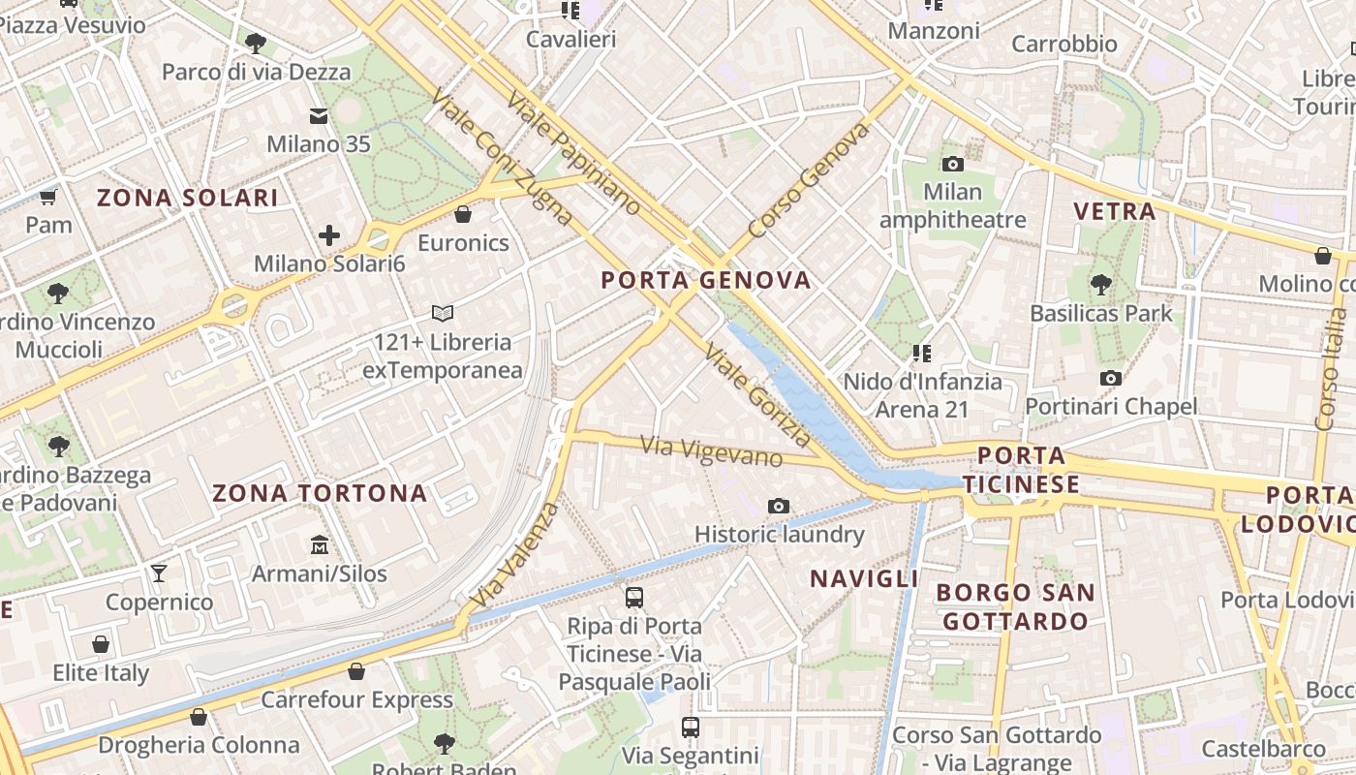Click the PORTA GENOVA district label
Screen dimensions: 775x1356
705,281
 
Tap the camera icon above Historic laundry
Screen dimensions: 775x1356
778,506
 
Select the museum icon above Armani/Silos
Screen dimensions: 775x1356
319,545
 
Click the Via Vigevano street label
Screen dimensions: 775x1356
712,450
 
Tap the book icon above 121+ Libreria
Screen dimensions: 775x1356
443,314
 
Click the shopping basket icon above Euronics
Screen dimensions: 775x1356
463,214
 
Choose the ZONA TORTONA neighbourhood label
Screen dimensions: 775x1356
320,493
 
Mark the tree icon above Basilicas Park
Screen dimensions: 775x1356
1100,285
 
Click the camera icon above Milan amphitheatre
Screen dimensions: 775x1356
952,164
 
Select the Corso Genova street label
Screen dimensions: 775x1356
809,181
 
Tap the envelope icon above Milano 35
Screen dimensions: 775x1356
319,117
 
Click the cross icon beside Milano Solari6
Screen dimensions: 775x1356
329,235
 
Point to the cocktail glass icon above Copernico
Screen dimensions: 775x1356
159,573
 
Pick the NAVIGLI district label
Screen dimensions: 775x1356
864,578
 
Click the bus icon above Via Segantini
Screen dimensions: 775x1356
690,727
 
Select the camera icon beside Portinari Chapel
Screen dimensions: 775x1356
1110,378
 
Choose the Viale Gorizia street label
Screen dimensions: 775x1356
759,395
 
